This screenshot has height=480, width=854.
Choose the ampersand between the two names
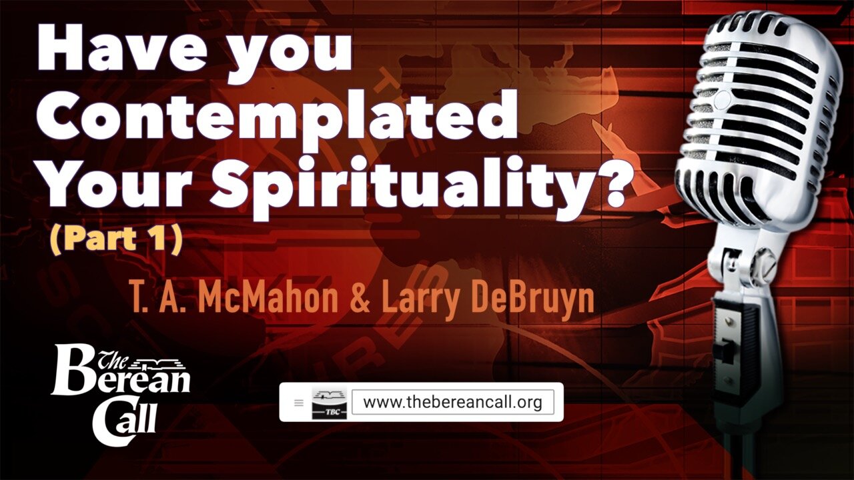tap(361, 300)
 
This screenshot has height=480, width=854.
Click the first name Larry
tap(418, 300)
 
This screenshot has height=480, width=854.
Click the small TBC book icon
tap(329, 403)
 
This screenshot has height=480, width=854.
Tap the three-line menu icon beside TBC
tap(298, 403)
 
